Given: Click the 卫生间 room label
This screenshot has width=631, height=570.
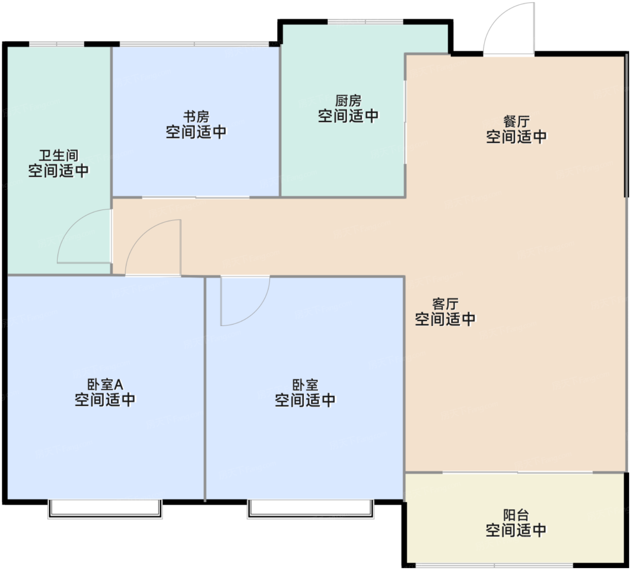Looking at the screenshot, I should click(x=59, y=156).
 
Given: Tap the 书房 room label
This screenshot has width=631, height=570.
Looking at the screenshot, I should click(x=196, y=116).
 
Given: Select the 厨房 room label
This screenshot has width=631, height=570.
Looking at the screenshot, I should click(x=348, y=100).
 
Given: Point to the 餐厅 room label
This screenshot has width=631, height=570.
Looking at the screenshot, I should click(x=516, y=121).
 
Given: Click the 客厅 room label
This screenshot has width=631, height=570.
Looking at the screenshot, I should click(x=445, y=303).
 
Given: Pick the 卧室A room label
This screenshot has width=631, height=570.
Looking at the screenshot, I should click(x=105, y=384).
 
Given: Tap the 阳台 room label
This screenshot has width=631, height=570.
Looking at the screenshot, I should click(x=516, y=515).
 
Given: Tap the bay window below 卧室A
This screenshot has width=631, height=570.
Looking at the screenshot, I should click(x=105, y=509).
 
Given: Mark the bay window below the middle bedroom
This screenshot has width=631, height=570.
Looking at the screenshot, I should click(x=311, y=509).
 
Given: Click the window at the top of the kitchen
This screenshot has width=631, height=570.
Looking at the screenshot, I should click(x=365, y=22).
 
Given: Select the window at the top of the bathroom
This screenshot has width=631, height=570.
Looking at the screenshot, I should click(x=57, y=44).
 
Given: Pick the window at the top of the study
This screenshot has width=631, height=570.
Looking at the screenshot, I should click(x=194, y=44).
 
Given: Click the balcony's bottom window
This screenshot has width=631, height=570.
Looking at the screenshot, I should click(x=494, y=565).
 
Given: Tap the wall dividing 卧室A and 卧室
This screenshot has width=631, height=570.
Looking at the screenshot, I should click(x=206, y=388).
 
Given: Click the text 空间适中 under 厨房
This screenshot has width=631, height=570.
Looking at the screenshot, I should click(x=348, y=116).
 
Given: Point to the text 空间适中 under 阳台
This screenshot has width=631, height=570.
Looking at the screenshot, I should click(x=516, y=530).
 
